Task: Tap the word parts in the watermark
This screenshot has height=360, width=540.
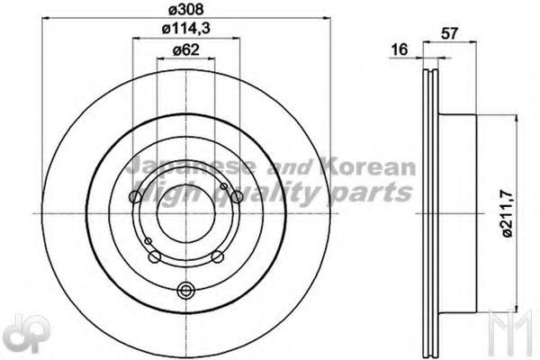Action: [371, 192]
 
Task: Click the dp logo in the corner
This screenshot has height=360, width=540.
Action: [19, 333]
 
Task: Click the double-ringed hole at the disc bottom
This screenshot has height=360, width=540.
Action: [186, 290]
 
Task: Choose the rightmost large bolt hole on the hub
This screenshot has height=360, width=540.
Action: [236, 197]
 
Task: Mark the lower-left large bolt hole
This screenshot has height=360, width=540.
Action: [155, 257]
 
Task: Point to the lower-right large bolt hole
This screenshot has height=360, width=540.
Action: [217, 257]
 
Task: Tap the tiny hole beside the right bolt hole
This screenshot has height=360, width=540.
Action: [224, 186]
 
